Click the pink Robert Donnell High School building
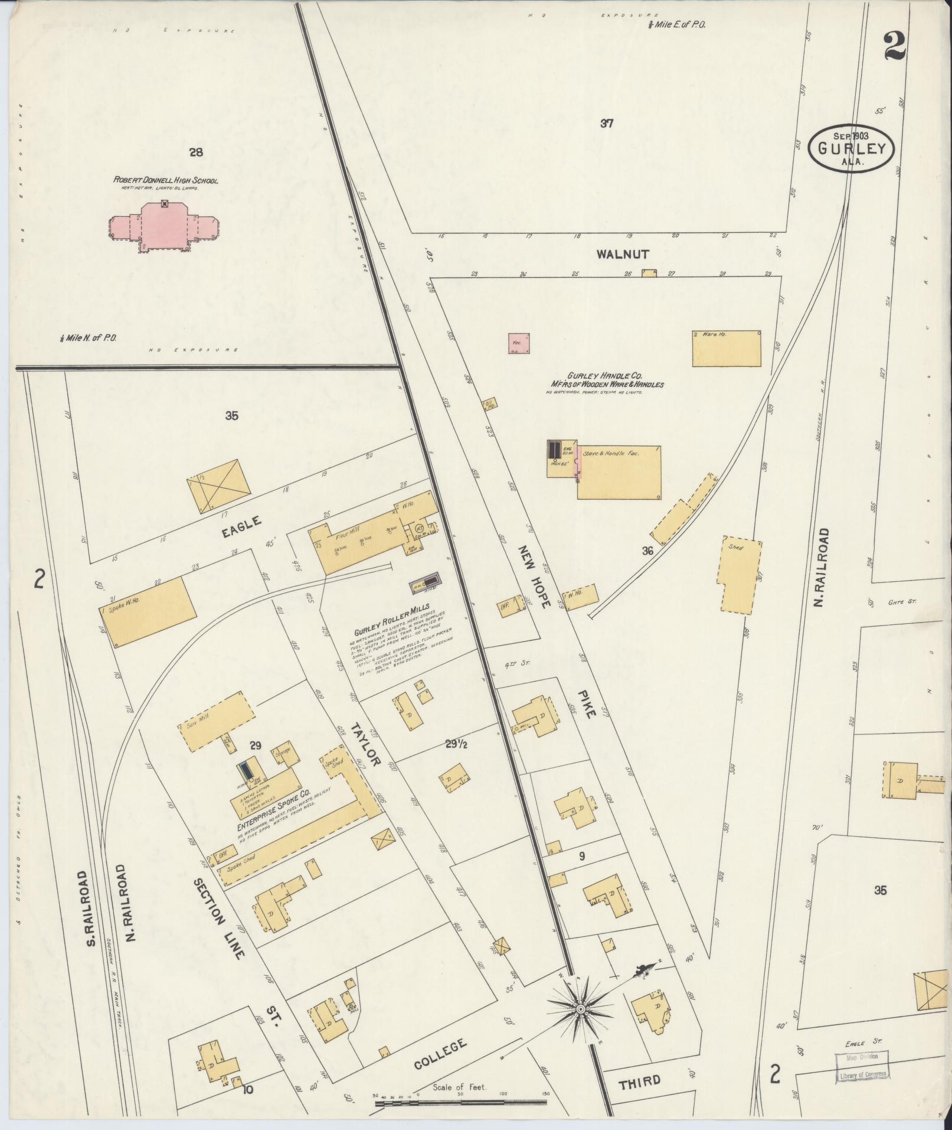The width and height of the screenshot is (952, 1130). click(165, 227)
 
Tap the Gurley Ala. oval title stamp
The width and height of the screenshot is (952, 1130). click(850, 148)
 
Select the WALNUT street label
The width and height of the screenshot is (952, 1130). click(622, 255)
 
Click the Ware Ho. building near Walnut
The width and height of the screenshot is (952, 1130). click(726, 349)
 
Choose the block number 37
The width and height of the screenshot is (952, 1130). click(607, 123)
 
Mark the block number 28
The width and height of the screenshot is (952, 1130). click(196, 152)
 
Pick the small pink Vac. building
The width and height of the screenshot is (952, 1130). click(519, 343)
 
